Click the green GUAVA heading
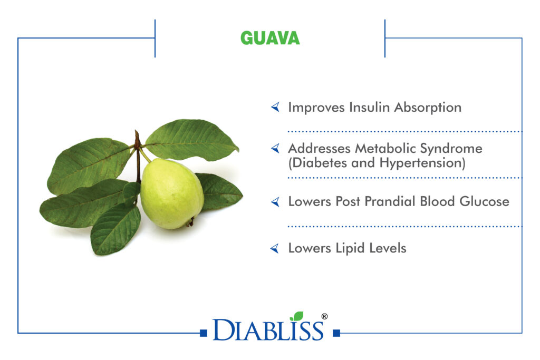point(270,38)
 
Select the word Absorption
point(428,108)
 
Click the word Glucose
point(484,201)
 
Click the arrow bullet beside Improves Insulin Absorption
point(275,107)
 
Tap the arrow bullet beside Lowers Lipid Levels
point(275,248)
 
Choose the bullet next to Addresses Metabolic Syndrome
point(275,148)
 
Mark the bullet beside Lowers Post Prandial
point(275,202)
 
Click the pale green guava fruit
point(171,194)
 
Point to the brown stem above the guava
point(138,155)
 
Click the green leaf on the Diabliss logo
point(297,316)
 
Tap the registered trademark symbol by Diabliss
point(324,316)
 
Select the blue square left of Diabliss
point(204,333)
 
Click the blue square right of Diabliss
point(336,333)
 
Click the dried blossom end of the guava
point(190,222)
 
